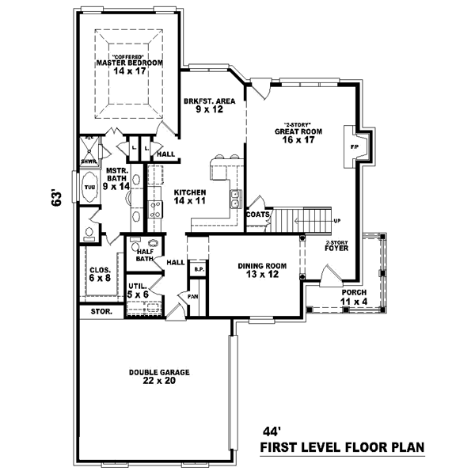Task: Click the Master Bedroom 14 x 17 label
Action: tap(129, 66)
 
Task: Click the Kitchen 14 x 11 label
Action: tap(190, 196)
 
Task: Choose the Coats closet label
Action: tap(258, 214)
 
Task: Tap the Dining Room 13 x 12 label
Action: tap(260, 271)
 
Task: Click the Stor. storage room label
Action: tap(101, 312)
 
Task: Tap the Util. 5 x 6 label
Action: tap(138, 290)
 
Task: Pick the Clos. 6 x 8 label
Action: tap(100, 274)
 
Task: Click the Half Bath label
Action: tap(144, 254)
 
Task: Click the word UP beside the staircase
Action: tap(336, 220)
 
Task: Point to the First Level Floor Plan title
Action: tap(342, 448)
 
